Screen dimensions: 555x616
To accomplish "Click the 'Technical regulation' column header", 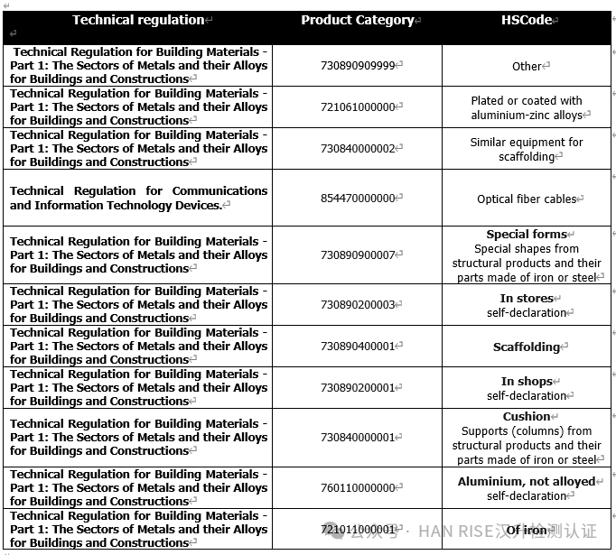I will [x=138, y=20].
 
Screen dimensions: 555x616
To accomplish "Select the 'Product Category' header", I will [x=358, y=20].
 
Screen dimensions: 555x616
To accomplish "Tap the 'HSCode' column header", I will [x=527, y=20].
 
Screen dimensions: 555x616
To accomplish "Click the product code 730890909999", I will [x=358, y=65].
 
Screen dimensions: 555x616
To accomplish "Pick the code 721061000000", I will [x=358, y=106].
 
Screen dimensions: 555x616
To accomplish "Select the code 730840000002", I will [x=358, y=148].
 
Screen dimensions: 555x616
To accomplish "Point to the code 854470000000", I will [x=358, y=199].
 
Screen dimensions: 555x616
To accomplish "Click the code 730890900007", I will [x=358, y=255].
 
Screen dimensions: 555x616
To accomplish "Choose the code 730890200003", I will [x=358, y=305].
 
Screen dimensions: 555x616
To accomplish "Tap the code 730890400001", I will [x=358, y=347].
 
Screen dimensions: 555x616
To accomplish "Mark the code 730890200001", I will [x=358, y=388].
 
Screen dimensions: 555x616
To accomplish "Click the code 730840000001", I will [x=358, y=438].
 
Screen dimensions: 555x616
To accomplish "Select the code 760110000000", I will [x=358, y=488].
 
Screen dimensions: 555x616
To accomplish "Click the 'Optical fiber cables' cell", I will [x=527, y=199].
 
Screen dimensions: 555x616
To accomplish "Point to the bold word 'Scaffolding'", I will [x=527, y=347].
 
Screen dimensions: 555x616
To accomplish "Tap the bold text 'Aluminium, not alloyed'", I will [x=527, y=482].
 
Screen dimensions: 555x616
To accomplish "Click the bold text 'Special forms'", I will [x=527, y=235].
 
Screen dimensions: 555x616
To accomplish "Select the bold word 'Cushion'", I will [x=527, y=417].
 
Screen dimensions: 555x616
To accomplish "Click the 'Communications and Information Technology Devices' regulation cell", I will [x=138, y=199].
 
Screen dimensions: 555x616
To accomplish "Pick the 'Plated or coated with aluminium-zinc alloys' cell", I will [x=527, y=108].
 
